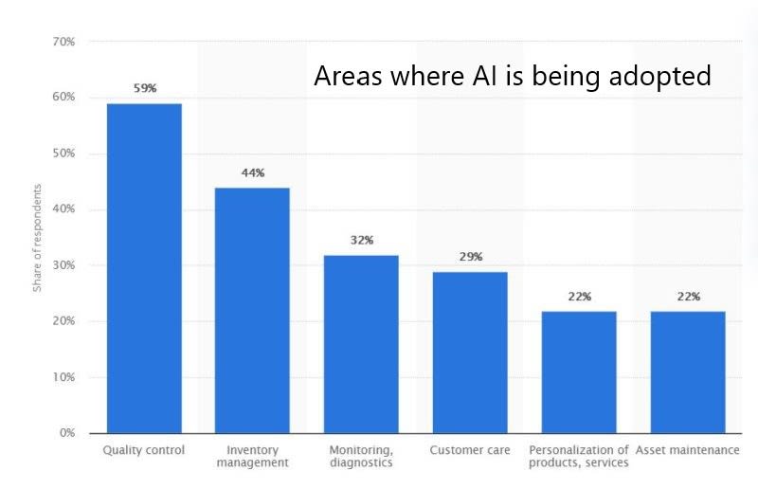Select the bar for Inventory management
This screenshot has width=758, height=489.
[252, 310]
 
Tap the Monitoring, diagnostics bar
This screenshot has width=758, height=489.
[361, 344]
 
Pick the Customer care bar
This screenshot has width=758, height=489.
[470, 353]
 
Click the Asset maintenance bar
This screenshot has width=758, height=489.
[688, 371]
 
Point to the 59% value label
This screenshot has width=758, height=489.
[144, 88]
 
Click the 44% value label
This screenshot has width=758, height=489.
[252, 172]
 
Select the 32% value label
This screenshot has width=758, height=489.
[361, 240]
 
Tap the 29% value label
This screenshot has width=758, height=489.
[471, 257]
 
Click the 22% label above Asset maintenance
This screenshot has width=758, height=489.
[688, 297]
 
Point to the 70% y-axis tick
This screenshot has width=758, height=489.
[63, 42]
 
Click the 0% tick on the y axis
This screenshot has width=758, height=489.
[67, 433]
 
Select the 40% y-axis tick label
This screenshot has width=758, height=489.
[63, 209]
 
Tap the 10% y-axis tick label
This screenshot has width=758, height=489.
[63, 377]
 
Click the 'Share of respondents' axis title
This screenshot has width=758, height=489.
[38, 237]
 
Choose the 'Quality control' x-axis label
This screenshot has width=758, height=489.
[144, 449]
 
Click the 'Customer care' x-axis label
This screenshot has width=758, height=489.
[470, 449]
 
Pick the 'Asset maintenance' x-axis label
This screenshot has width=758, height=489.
[688, 449]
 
